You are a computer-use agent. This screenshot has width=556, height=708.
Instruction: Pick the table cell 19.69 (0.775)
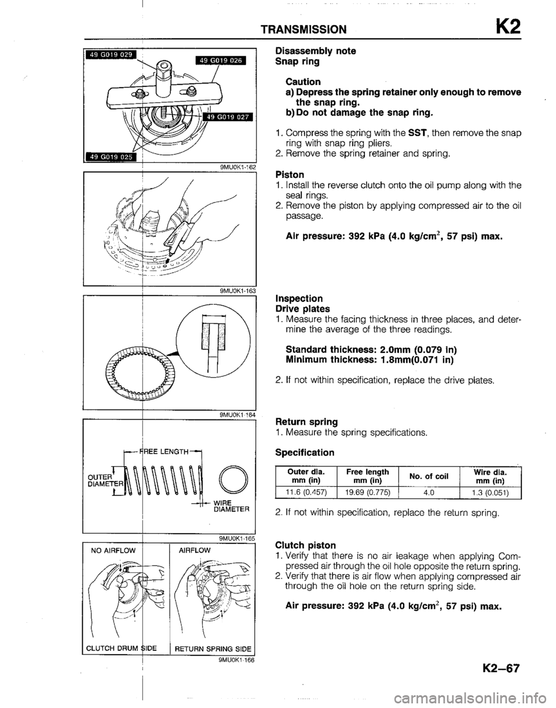tap(367, 492)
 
